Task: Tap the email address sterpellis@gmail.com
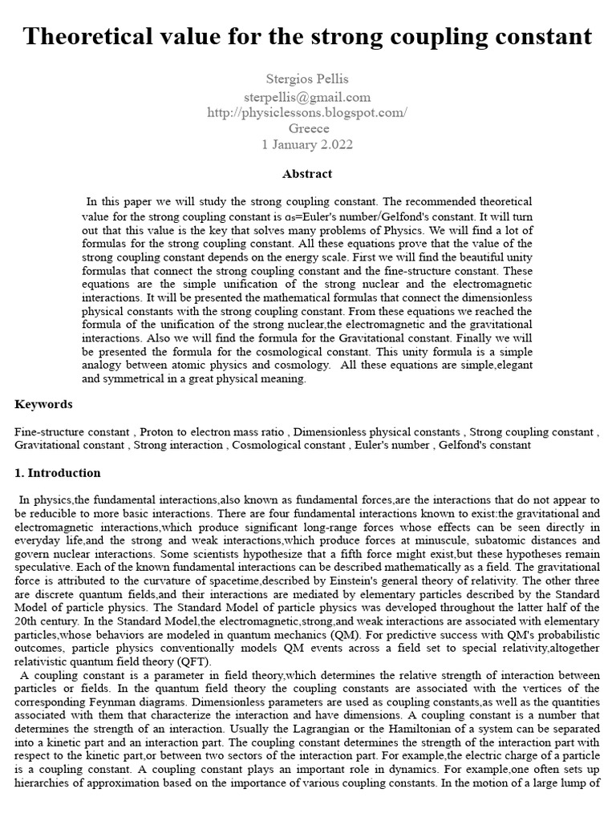(307, 96)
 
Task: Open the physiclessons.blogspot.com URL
(307, 112)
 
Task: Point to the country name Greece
(307, 128)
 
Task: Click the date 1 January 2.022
(307, 145)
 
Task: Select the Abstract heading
(307, 173)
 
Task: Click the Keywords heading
(43, 404)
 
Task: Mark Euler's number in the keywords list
(396, 444)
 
